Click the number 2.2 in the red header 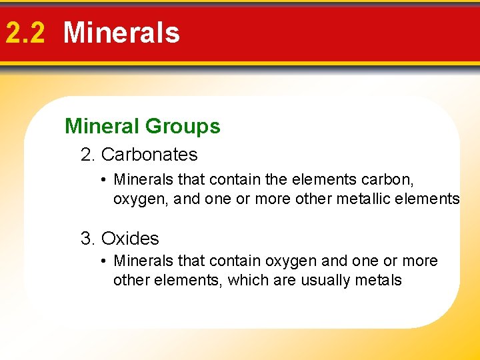pyautogui.click(x=24, y=33)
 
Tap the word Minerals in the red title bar pyautogui.click(x=121, y=33)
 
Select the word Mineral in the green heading pyautogui.click(x=102, y=126)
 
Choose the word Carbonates pyautogui.click(x=149, y=155)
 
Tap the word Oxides pyautogui.click(x=130, y=239)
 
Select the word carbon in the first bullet pyautogui.click(x=386, y=180)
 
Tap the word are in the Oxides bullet pyautogui.click(x=280, y=280)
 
